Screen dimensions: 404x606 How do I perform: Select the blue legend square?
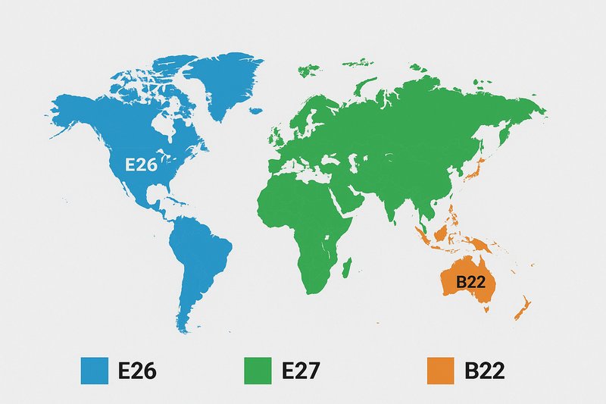click(95, 371)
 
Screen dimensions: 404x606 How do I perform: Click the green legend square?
click(258, 371)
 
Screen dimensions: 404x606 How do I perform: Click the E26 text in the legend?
click(141, 371)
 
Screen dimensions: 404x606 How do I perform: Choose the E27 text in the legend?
click(303, 371)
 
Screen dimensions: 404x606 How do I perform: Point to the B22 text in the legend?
click(485, 371)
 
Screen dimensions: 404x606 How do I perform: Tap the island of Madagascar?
click(347, 267)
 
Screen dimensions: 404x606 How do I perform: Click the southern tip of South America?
click(183, 326)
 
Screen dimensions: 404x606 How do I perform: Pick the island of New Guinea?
click(486, 244)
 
